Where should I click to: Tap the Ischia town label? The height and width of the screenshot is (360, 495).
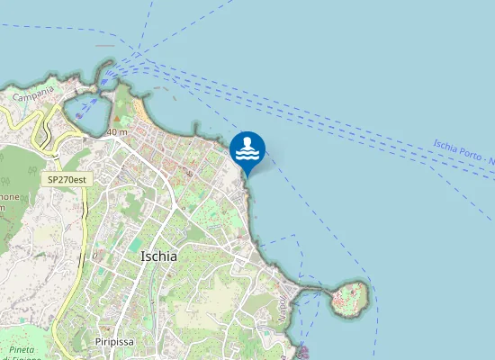pos(159,256)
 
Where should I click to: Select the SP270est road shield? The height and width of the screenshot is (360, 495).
pos(70,179)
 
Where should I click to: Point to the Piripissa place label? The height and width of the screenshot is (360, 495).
pos(114,342)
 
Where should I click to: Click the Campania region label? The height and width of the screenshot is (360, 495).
pos(34,92)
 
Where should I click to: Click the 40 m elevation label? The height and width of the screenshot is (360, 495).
pos(116,132)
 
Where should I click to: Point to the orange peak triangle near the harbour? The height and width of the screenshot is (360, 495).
pos(117,118)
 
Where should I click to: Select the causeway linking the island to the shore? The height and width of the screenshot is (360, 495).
pos(312,290)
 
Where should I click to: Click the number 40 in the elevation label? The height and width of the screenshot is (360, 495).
pos(112,132)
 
